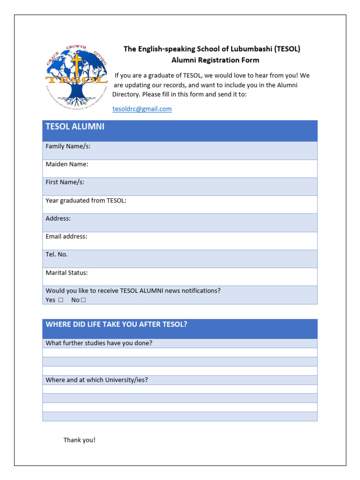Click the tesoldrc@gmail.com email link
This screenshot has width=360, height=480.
tap(142, 109)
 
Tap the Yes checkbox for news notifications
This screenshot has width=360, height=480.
tap(60, 300)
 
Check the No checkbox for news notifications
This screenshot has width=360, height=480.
tap(83, 300)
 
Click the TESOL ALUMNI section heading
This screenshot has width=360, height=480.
tap(75, 127)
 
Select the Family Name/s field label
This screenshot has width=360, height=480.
tap(68, 146)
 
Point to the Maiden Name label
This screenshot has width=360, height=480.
tap(67, 164)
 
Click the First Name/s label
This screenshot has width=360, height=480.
tap(65, 182)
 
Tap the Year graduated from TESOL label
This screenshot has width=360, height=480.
tap(86, 201)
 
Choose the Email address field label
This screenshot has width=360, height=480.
tap(66, 237)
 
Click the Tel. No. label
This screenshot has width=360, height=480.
tap(56, 255)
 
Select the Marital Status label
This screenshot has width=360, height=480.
tap(67, 273)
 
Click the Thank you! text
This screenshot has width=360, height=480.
tap(79, 440)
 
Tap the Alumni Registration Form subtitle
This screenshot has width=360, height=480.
tap(215, 60)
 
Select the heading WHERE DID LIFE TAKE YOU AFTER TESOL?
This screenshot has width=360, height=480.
tap(116, 324)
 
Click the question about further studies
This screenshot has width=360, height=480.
tap(99, 343)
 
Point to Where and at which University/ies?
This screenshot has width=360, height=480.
tap(97, 380)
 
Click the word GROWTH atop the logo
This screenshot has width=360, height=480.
tap(77, 48)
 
